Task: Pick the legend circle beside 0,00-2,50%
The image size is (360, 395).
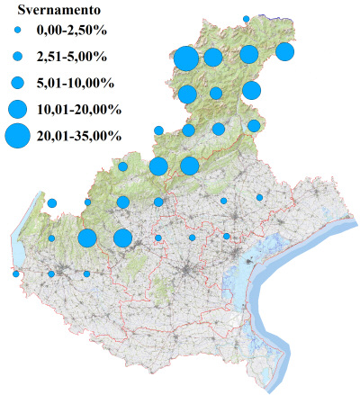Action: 16,31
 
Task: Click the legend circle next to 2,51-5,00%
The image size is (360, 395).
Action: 16,58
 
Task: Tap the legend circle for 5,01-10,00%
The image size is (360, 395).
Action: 16,84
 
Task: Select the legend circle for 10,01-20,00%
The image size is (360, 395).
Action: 16,110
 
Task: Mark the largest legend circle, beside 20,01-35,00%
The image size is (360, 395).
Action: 16,136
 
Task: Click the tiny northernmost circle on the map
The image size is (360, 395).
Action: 247,18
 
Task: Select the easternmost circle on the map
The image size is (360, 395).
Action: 284,52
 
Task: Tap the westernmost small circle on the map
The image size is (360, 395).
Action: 16,274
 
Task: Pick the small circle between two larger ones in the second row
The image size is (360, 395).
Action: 216,93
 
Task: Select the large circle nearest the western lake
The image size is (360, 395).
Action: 87,238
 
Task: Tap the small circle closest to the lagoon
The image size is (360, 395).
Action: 227,237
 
